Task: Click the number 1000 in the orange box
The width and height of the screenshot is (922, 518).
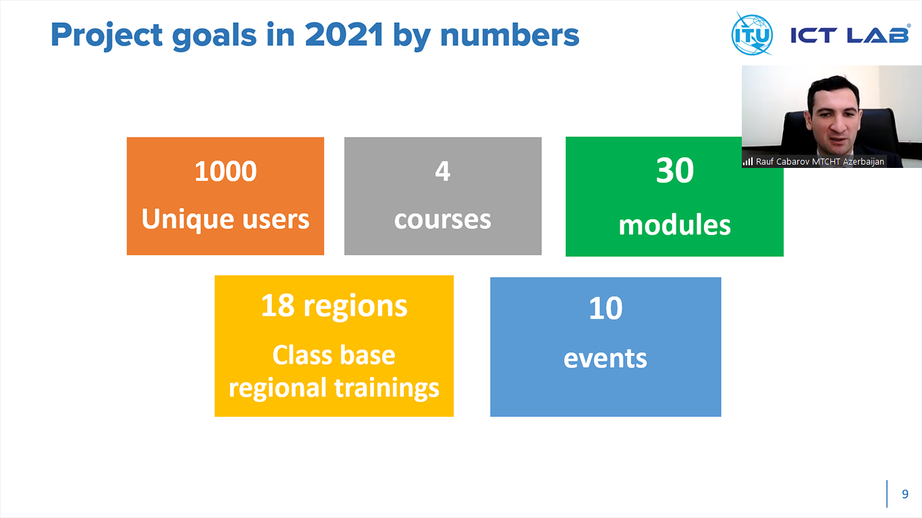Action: tap(225, 171)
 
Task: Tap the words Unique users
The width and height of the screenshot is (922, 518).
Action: tap(225, 219)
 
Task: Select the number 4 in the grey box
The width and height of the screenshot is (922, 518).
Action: tap(443, 171)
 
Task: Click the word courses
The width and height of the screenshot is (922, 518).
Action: tap(443, 220)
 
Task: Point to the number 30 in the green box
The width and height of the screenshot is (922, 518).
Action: tap(674, 171)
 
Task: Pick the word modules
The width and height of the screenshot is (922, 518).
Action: tap(674, 225)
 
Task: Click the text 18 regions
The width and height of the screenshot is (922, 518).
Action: tap(334, 307)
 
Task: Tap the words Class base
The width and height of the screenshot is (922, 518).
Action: tap(334, 355)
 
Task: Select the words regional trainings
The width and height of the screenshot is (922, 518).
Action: tap(334, 388)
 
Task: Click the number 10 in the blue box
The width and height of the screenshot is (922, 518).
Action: tap(605, 308)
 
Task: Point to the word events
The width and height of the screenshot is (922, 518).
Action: tap(605, 358)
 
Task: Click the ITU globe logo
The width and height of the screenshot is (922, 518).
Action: tap(752, 34)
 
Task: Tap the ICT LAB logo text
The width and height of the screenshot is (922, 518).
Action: tap(850, 35)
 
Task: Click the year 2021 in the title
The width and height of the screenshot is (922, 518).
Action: tap(344, 34)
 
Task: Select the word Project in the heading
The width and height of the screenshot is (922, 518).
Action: tap(107, 36)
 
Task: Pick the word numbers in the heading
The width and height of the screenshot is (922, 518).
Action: tap(510, 34)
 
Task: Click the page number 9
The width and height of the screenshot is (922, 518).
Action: tap(905, 494)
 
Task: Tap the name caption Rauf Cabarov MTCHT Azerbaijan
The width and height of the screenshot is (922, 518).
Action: tap(820, 162)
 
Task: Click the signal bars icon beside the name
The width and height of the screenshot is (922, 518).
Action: tap(748, 161)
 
